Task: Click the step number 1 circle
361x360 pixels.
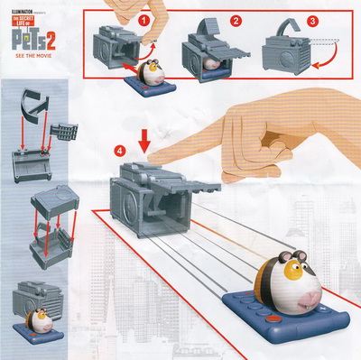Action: click(144, 21)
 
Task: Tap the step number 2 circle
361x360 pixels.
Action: click(236, 21)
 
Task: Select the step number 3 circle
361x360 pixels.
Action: click(312, 21)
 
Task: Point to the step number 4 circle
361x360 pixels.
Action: click(120, 152)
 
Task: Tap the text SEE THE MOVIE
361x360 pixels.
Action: click(33, 56)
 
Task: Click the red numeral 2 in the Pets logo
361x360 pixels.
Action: click(51, 42)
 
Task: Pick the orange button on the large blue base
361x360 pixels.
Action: click(273, 318)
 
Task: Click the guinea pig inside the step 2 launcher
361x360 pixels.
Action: click(210, 63)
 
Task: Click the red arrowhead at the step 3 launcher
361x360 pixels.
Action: click(315, 65)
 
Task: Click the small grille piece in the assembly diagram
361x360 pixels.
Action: click(64, 132)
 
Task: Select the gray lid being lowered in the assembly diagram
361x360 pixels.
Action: click(55, 201)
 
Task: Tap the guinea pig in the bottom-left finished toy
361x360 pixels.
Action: click(40, 319)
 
